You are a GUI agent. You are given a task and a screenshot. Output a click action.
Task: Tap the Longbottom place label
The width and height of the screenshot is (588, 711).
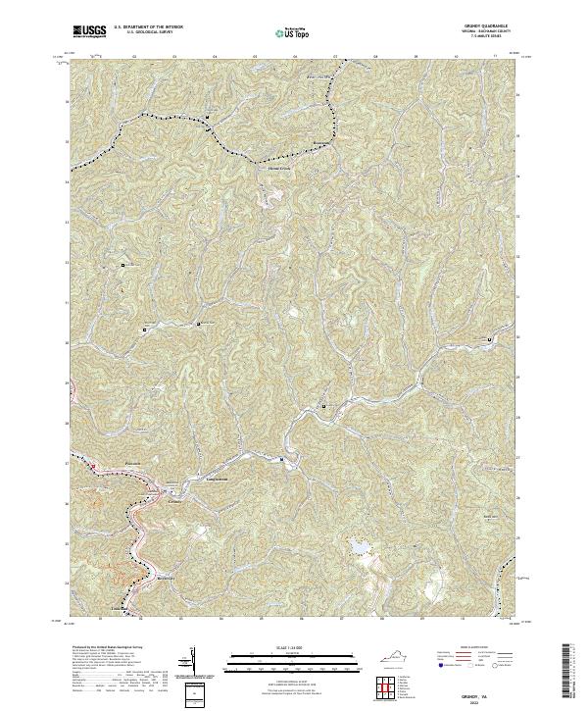point(215,478)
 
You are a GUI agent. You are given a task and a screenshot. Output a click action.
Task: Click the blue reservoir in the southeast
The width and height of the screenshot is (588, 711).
point(356,546)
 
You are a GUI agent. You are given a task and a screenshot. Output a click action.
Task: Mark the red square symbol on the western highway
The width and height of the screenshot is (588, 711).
point(94,467)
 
